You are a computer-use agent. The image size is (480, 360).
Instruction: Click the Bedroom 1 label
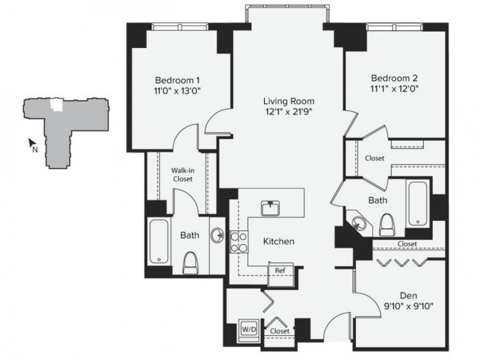[x=177, y=79]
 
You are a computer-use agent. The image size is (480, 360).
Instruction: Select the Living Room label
[x=288, y=101]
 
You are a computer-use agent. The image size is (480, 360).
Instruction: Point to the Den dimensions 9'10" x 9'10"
[x=408, y=306]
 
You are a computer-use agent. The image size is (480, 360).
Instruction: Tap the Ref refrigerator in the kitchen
[x=280, y=270]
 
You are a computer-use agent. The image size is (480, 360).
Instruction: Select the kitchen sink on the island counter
[x=271, y=208]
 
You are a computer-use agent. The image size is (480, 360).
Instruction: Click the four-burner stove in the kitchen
[x=239, y=242]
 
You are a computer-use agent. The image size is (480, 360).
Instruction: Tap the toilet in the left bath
[x=190, y=263]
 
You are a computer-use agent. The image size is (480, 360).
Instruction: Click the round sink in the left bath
[x=218, y=235]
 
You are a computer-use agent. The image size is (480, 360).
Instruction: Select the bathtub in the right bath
[x=418, y=204]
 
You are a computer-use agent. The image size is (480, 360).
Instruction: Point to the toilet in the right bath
[x=387, y=225]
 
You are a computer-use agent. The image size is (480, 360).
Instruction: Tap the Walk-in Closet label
[x=182, y=174]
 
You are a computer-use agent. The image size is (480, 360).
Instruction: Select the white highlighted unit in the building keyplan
[x=56, y=105]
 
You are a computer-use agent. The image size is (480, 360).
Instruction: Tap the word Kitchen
[x=278, y=241]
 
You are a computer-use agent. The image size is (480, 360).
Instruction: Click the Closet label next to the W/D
[x=279, y=331]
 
